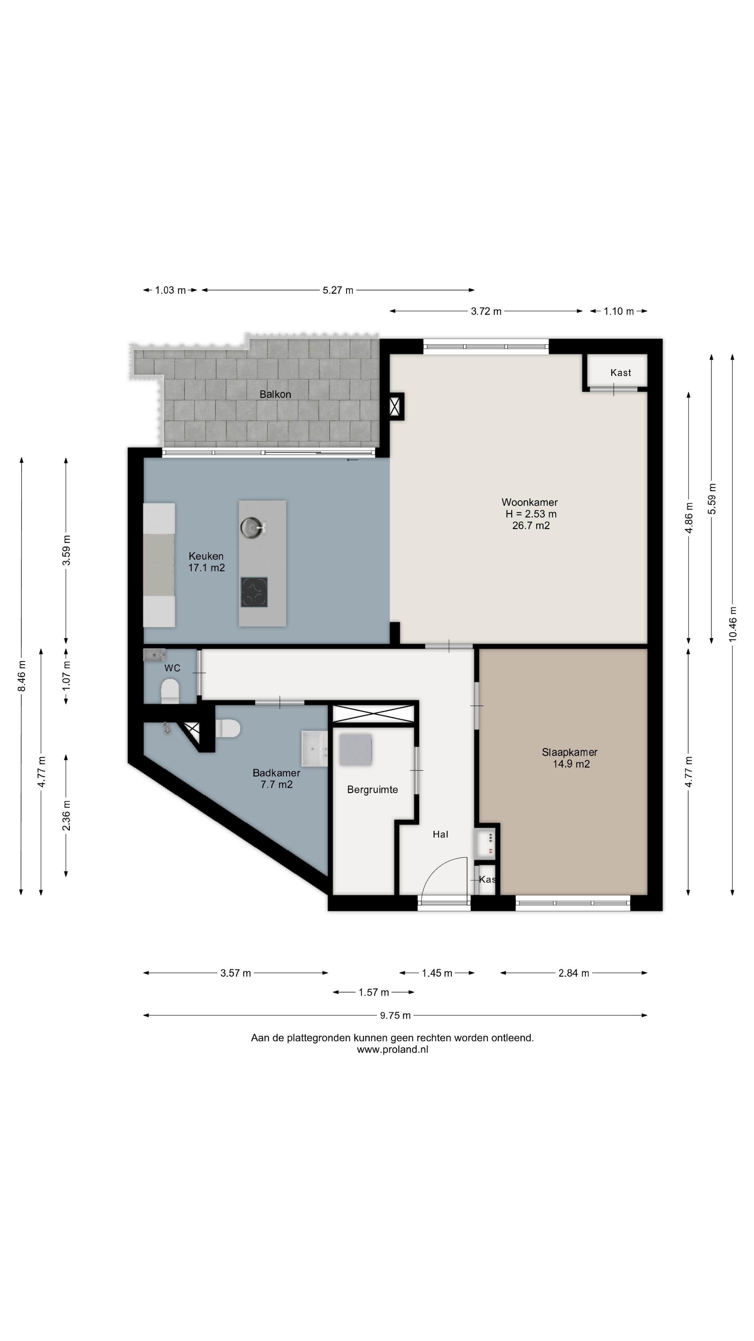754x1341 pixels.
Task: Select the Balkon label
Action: click(275, 394)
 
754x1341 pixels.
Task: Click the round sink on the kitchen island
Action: click(253, 527)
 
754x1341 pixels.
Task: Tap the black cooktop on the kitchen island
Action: click(254, 592)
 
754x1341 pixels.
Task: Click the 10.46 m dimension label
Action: click(733, 624)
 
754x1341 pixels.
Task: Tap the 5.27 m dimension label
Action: click(338, 290)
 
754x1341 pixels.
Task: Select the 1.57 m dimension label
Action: click(374, 992)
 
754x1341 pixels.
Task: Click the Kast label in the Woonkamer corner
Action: click(620, 373)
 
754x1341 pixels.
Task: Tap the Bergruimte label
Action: click(372, 790)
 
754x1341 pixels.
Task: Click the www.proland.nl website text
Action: click(392, 1049)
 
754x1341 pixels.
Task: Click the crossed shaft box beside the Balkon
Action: click(397, 406)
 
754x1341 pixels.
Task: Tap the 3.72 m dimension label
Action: click(486, 311)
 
